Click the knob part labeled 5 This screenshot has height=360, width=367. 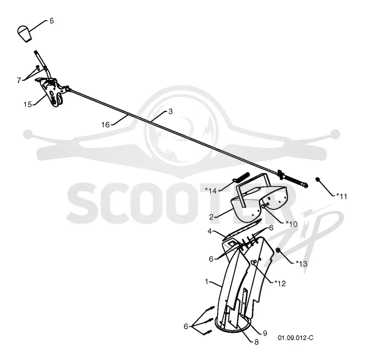[25, 34]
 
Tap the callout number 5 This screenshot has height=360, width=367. [52, 21]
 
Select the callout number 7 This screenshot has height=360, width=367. [19, 80]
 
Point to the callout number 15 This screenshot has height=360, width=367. [28, 104]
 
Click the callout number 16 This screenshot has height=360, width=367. [106, 124]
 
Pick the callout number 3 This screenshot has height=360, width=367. [170, 112]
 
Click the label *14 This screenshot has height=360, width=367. [211, 191]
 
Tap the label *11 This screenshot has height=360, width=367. [342, 196]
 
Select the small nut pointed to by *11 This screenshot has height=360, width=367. [317, 180]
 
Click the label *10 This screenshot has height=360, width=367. [291, 224]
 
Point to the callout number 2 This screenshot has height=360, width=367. [211, 217]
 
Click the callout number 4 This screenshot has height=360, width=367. [210, 231]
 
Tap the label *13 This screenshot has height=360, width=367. [301, 264]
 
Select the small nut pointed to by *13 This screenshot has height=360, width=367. [278, 250]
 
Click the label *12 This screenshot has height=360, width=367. [280, 284]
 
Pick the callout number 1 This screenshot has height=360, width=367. [207, 281]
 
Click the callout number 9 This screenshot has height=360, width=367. [265, 333]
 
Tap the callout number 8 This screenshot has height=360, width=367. [256, 342]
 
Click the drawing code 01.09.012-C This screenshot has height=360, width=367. [295, 338]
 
